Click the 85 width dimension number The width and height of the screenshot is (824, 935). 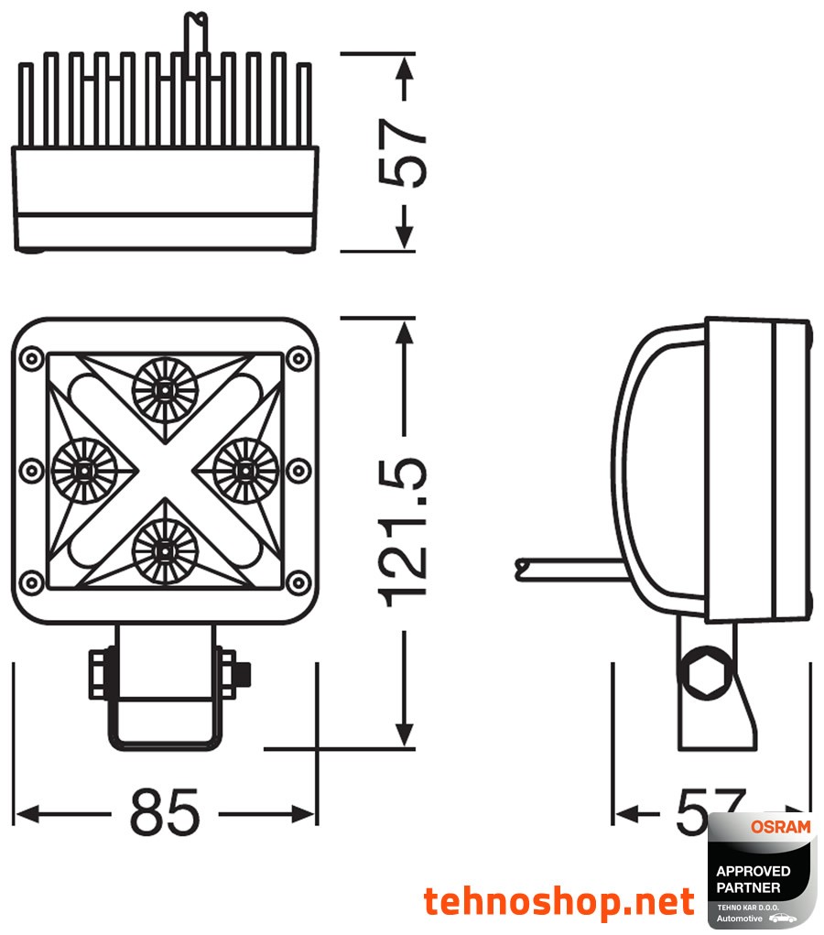tap(165, 810)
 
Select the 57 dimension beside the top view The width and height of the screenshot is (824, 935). tap(404, 151)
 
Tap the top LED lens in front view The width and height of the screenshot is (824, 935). tap(165, 389)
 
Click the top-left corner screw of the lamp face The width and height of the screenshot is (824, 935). tap(32, 356)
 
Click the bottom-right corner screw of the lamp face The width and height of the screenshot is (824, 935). tap(298, 582)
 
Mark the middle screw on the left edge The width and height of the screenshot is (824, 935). tap(32, 470)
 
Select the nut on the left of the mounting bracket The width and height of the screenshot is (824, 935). tap(99, 674)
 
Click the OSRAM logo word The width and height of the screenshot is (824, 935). tap(780, 827)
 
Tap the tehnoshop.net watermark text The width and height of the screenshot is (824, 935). tap(558, 901)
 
